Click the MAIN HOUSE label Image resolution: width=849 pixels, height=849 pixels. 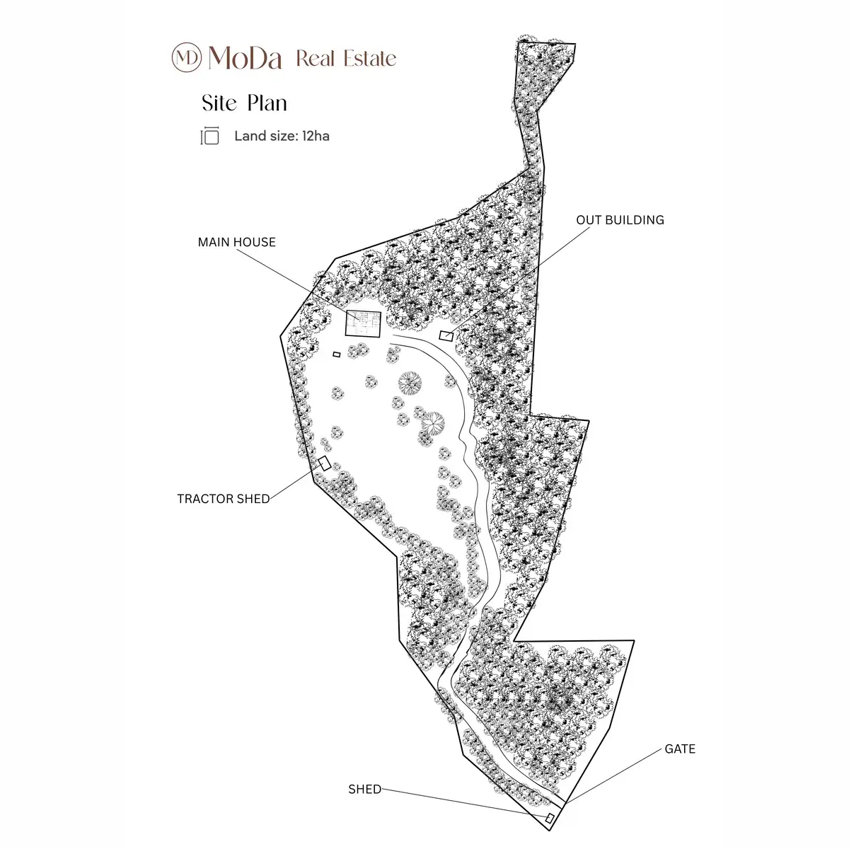pyautogui.click(x=236, y=243)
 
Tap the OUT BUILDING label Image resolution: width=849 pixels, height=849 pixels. pyautogui.click(x=620, y=220)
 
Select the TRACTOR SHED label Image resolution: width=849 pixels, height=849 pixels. pyautogui.click(x=224, y=499)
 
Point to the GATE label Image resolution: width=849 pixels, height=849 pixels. pyautogui.click(x=680, y=749)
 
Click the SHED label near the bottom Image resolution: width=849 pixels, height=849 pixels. pyautogui.click(x=365, y=789)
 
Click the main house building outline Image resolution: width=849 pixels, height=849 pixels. pyautogui.click(x=363, y=324)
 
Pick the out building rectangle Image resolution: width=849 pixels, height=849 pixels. pyautogui.click(x=446, y=336)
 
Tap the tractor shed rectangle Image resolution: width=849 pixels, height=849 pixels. pyautogui.click(x=324, y=463)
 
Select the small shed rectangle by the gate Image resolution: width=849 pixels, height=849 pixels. pyautogui.click(x=550, y=819)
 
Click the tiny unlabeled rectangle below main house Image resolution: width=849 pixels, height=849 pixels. pyautogui.click(x=337, y=354)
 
